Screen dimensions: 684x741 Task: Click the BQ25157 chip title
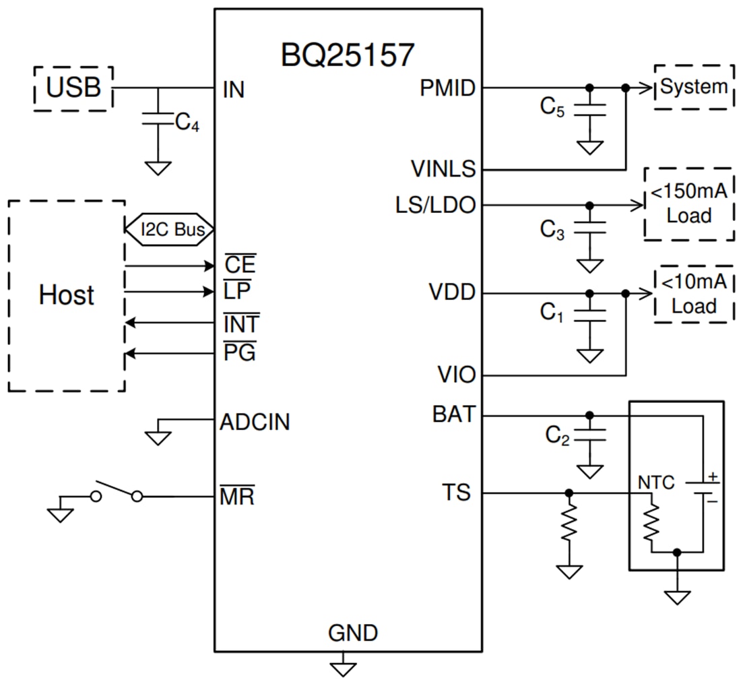347,55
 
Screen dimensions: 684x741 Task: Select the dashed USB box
73,88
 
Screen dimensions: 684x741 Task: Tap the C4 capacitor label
187,123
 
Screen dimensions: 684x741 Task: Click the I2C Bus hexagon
169,229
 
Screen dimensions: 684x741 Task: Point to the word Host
66,295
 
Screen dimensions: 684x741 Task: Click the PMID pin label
447,88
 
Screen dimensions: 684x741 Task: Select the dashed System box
693,87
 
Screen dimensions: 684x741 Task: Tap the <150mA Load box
688,204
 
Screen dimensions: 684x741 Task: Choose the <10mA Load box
693,294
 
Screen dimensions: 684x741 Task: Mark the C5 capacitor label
552,107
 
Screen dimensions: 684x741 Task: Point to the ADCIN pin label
255,423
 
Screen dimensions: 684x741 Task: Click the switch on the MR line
117,491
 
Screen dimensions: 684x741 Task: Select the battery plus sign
713,476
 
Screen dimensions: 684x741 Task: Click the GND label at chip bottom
352,633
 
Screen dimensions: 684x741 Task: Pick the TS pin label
456,493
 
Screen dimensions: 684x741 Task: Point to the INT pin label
240,324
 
